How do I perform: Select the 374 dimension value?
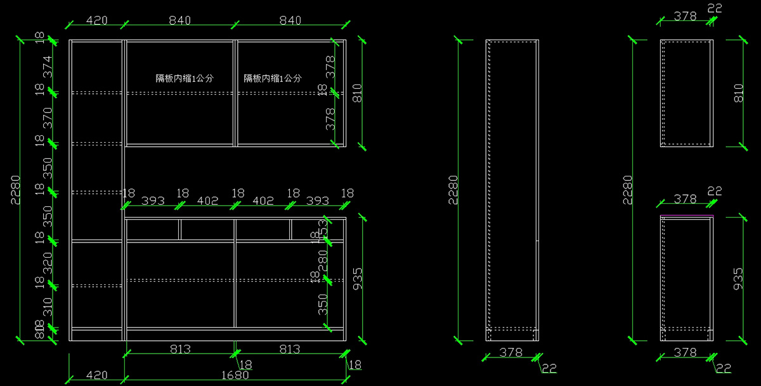click(47, 67)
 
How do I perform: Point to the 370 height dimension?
click(47, 118)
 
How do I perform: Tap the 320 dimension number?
click(47, 262)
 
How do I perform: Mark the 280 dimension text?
click(323, 260)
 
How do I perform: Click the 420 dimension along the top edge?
click(96, 20)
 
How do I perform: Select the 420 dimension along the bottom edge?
click(96, 375)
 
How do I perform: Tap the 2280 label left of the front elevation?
click(15, 189)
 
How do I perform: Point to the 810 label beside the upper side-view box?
click(738, 93)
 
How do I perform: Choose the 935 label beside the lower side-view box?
click(738, 279)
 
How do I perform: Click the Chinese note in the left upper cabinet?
click(185, 79)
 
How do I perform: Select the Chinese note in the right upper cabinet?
click(273, 79)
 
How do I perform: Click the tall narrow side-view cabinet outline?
click(512, 190)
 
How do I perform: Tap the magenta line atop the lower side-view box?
click(687, 216)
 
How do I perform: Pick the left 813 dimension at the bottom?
click(181, 349)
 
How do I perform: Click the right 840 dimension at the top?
click(290, 20)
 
